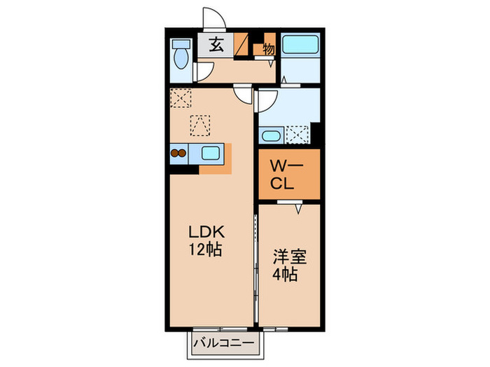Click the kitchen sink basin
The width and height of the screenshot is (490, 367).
[211, 153]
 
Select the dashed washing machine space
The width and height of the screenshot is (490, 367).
[297, 134]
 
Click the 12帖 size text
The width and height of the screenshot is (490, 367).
[206, 250]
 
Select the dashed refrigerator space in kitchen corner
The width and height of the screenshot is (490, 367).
[181, 99]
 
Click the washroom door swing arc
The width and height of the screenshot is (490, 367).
[265, 103]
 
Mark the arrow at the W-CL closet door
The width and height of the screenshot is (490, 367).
[297, 208]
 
